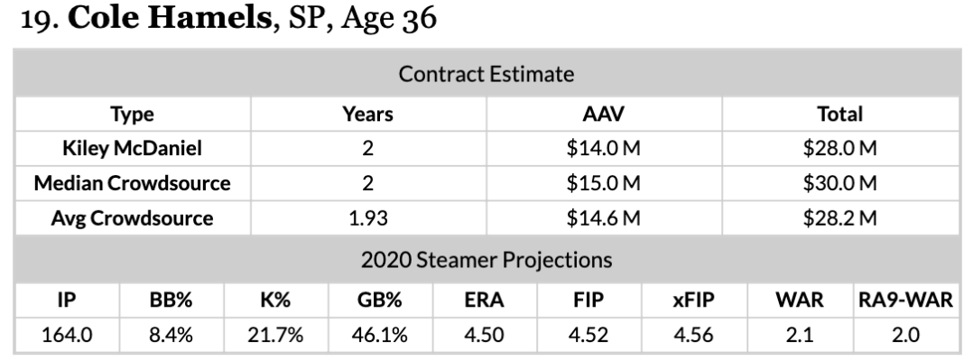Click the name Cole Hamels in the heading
(169, 17)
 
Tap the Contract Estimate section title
(487, 74)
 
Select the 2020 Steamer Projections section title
(487, 259)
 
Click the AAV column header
(603, 114)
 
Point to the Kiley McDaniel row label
(132, 148)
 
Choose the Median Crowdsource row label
(132, 183)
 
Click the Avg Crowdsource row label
(132, 218)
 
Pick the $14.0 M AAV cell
(603, 148)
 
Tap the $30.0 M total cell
(839, 183)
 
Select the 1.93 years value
(367, 218)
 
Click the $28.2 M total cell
(839, 218)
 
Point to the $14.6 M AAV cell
(603, 218)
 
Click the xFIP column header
(693, 300)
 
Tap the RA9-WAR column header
(905, 300)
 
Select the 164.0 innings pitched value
(67, 335)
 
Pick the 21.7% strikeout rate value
(275, 335)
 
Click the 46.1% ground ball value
(379, 335)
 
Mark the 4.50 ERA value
(484, 335)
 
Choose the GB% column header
(379, 300)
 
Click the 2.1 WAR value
(799, 335)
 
